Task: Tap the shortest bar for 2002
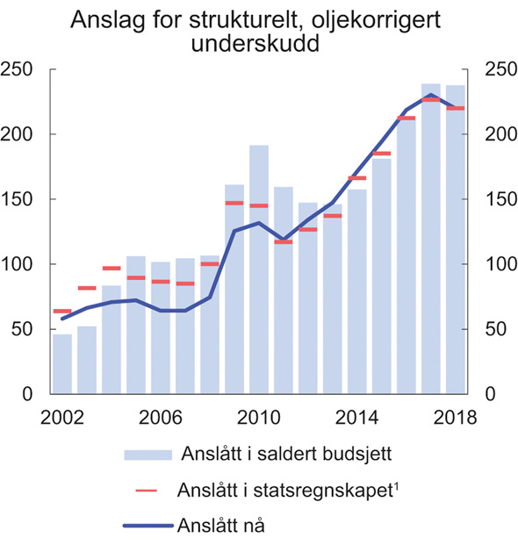coord(61,363)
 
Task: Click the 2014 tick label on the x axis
coord(356,418)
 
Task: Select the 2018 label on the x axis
coord(454,418)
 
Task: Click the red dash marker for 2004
coord(112,269)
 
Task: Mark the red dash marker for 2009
coord(234,203)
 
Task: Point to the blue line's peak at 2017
coord(430,95)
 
